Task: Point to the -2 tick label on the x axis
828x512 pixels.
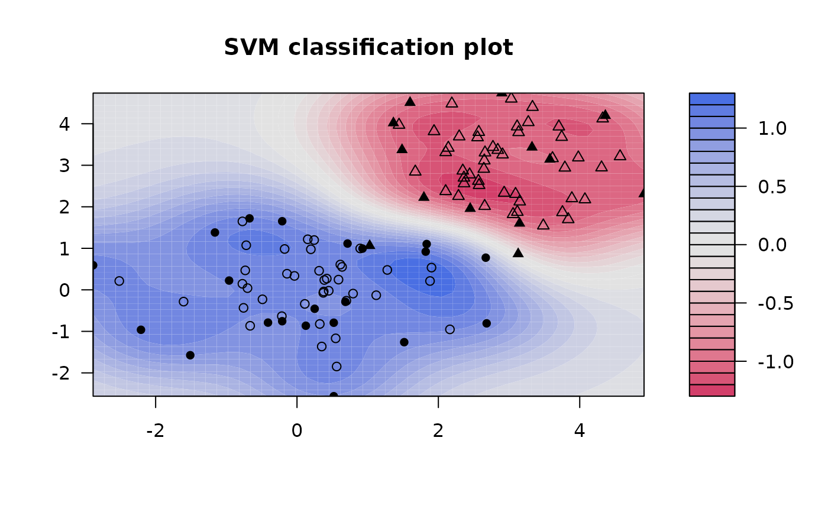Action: pyautogui.click(x=155, y=430)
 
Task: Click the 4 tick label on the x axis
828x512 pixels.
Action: pyautogui.click(x=580, y=430)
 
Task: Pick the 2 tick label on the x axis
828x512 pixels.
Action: pyautogui.click(x=438, y=430)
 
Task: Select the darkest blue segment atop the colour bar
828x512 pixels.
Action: pyautogui.click(x=711, y=99)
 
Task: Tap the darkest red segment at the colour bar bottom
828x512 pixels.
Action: pyautogui.click(x=711, y=390)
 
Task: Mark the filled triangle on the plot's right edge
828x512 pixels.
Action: pyautogui.click(x=643, y=192)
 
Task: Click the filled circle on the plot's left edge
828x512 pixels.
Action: pyautogui.click(x=93, y=265)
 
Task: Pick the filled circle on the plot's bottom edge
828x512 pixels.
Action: pyautogui.click(x=334, y=396)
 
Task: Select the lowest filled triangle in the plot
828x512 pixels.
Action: pyautogui.click(x=518, y=252)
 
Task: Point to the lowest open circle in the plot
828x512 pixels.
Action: pyautogui.click(x=337, y=367)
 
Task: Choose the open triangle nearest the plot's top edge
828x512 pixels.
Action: pyautogui.click(x=512, y=98)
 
